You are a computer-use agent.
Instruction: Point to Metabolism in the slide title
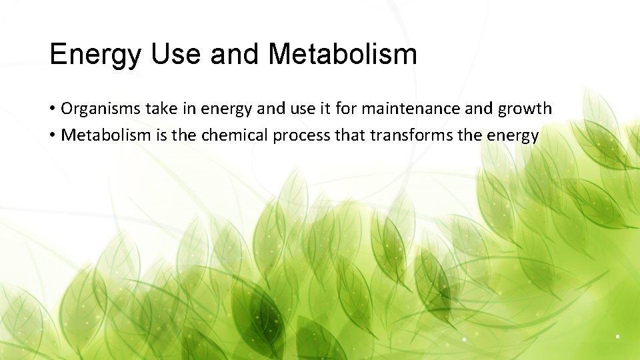[x=343, y=54]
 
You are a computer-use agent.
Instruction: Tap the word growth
[x=528, y=108]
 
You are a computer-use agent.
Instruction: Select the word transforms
[x=409, y=135]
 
